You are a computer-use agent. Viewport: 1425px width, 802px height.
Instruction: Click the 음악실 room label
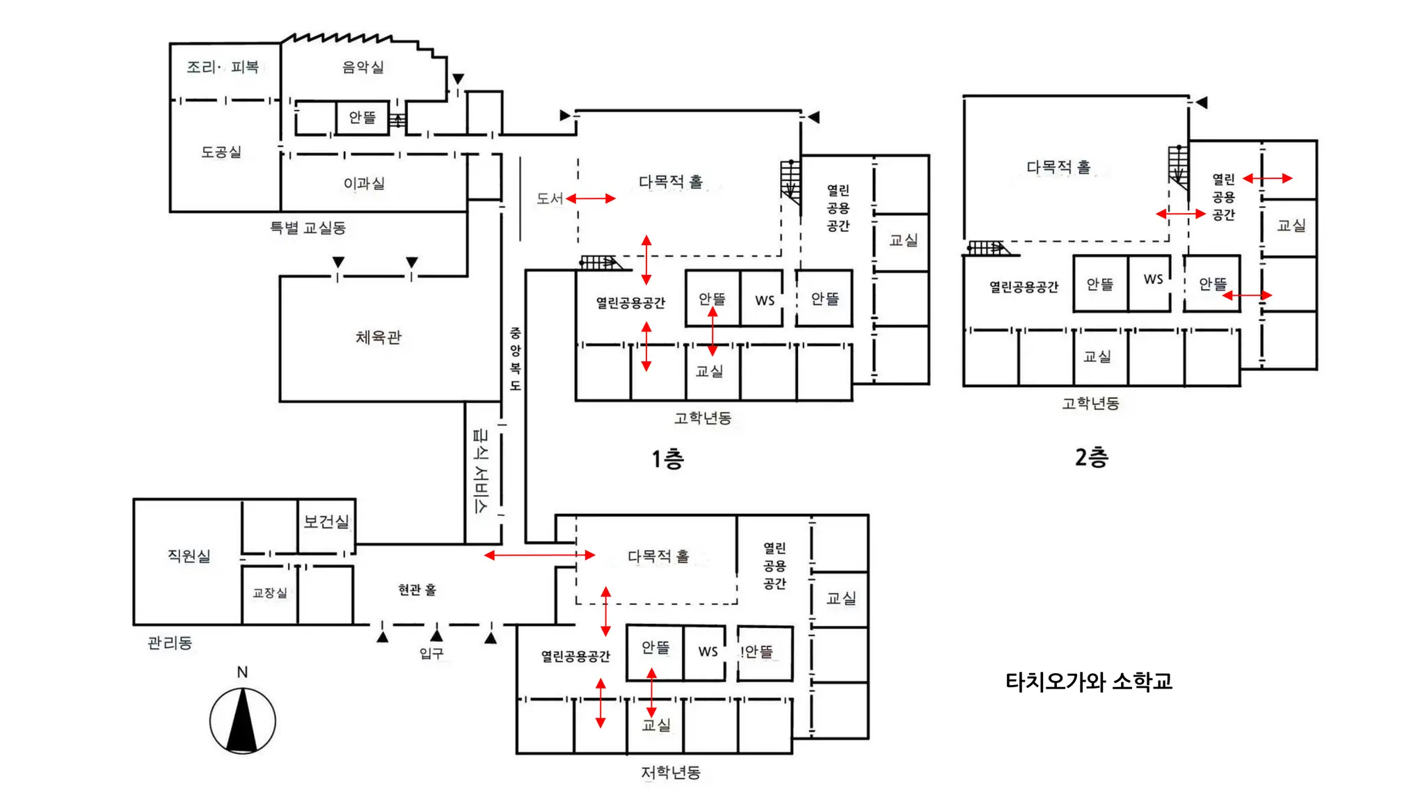363,68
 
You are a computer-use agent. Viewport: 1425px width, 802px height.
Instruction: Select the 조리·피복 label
223,68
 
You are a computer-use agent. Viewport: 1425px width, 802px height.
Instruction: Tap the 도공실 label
221,152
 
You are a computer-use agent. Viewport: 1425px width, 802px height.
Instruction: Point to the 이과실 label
364,183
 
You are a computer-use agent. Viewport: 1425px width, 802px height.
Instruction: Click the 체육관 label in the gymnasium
379,338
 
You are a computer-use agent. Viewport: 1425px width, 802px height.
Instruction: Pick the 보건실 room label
326,521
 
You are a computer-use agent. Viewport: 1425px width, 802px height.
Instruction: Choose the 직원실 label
189,556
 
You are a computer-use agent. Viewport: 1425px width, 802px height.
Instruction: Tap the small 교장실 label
269,592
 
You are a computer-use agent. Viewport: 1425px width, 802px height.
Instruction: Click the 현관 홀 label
417,590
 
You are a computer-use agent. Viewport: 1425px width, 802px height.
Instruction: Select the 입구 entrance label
431,653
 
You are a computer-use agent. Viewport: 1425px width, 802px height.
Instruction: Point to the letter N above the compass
242,672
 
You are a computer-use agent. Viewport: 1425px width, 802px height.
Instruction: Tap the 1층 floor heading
668,459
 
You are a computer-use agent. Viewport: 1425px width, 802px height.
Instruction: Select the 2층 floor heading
1091,457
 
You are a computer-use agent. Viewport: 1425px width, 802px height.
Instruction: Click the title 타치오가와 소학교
1089,681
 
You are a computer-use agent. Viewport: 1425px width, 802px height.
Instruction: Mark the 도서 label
550,198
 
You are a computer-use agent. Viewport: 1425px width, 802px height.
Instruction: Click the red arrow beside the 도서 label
591,198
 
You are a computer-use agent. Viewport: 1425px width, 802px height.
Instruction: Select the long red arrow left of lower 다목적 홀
539,555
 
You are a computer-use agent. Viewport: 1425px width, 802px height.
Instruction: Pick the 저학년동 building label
671,772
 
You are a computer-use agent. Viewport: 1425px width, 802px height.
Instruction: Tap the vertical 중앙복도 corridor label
515,359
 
